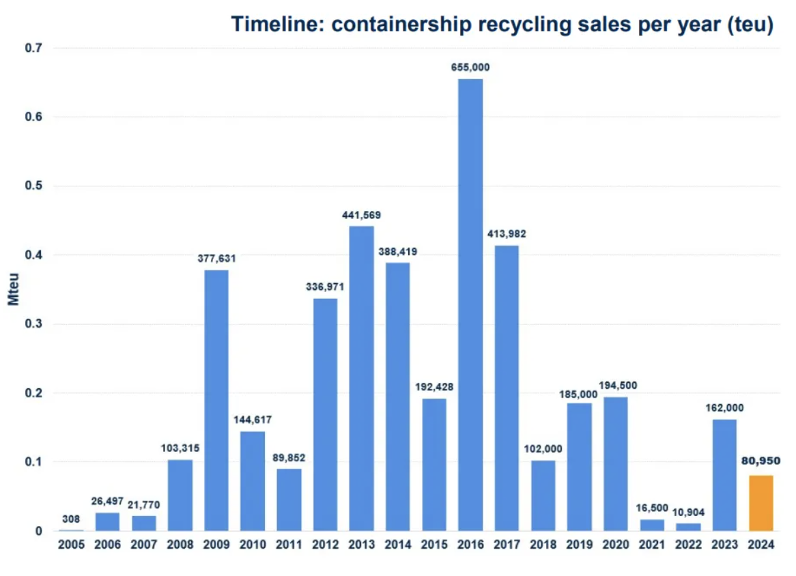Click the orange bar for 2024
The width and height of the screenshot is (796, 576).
click(761, 503)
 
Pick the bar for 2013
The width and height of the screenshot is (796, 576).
click(362, 379)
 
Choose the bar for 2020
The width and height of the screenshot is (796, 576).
click(616, 464)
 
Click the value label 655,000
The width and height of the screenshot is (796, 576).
click(470, 68)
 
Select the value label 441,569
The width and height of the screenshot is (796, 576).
click(362, 215)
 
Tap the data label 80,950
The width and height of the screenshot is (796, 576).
click(761, 461)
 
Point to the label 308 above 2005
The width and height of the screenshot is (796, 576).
click(71, 519)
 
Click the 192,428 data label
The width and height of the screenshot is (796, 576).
click(434, 387)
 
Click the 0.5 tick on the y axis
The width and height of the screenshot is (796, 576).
click(33, 186)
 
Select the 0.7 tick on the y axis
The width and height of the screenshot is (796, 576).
click(33, 48)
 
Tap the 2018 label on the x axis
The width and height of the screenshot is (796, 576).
click(543, 545)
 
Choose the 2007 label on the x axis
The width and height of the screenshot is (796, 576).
click(143, 545)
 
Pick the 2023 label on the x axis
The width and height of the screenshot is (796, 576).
click(724, 545)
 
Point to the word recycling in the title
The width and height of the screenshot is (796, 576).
click(510, 25)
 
